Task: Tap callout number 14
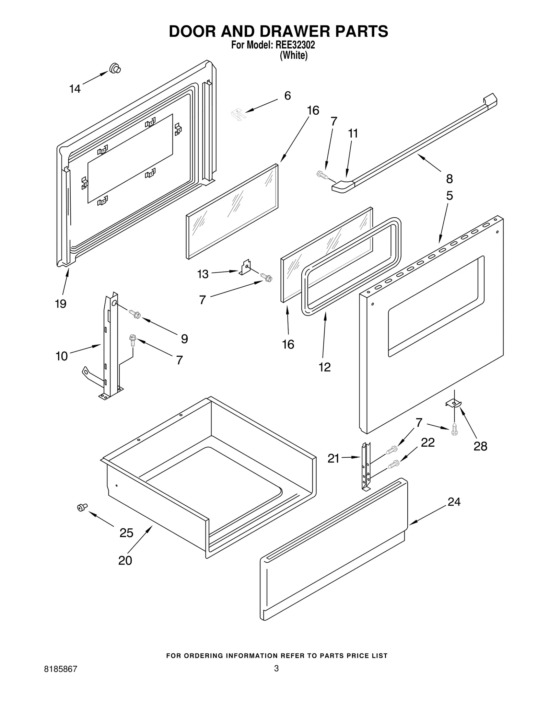click(75, 89)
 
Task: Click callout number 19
click(61, 303)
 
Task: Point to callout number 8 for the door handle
click(449, 179)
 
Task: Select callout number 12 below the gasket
click(325, 367)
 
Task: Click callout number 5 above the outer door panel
click(449, 196)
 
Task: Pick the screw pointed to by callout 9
click(135, 313)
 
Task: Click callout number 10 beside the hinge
click(62, 356)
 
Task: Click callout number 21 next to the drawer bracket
click(333, 458)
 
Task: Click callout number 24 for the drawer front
click(454, 502)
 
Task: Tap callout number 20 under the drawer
click(125, 560)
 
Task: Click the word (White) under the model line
click(293, 55)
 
